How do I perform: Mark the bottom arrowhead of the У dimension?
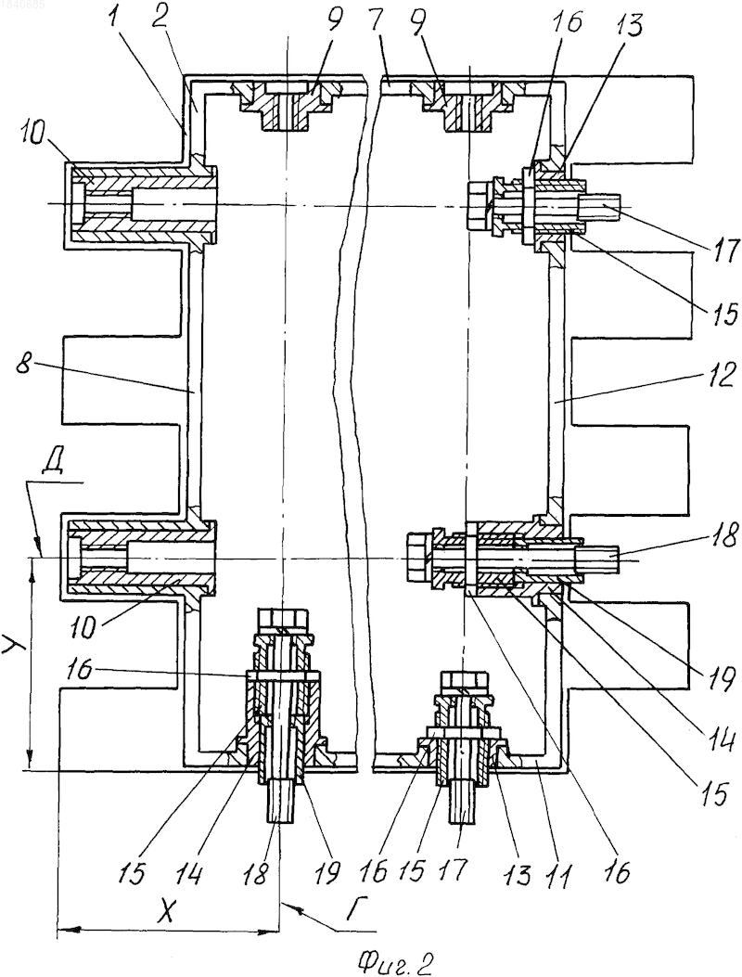pos(30,762)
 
